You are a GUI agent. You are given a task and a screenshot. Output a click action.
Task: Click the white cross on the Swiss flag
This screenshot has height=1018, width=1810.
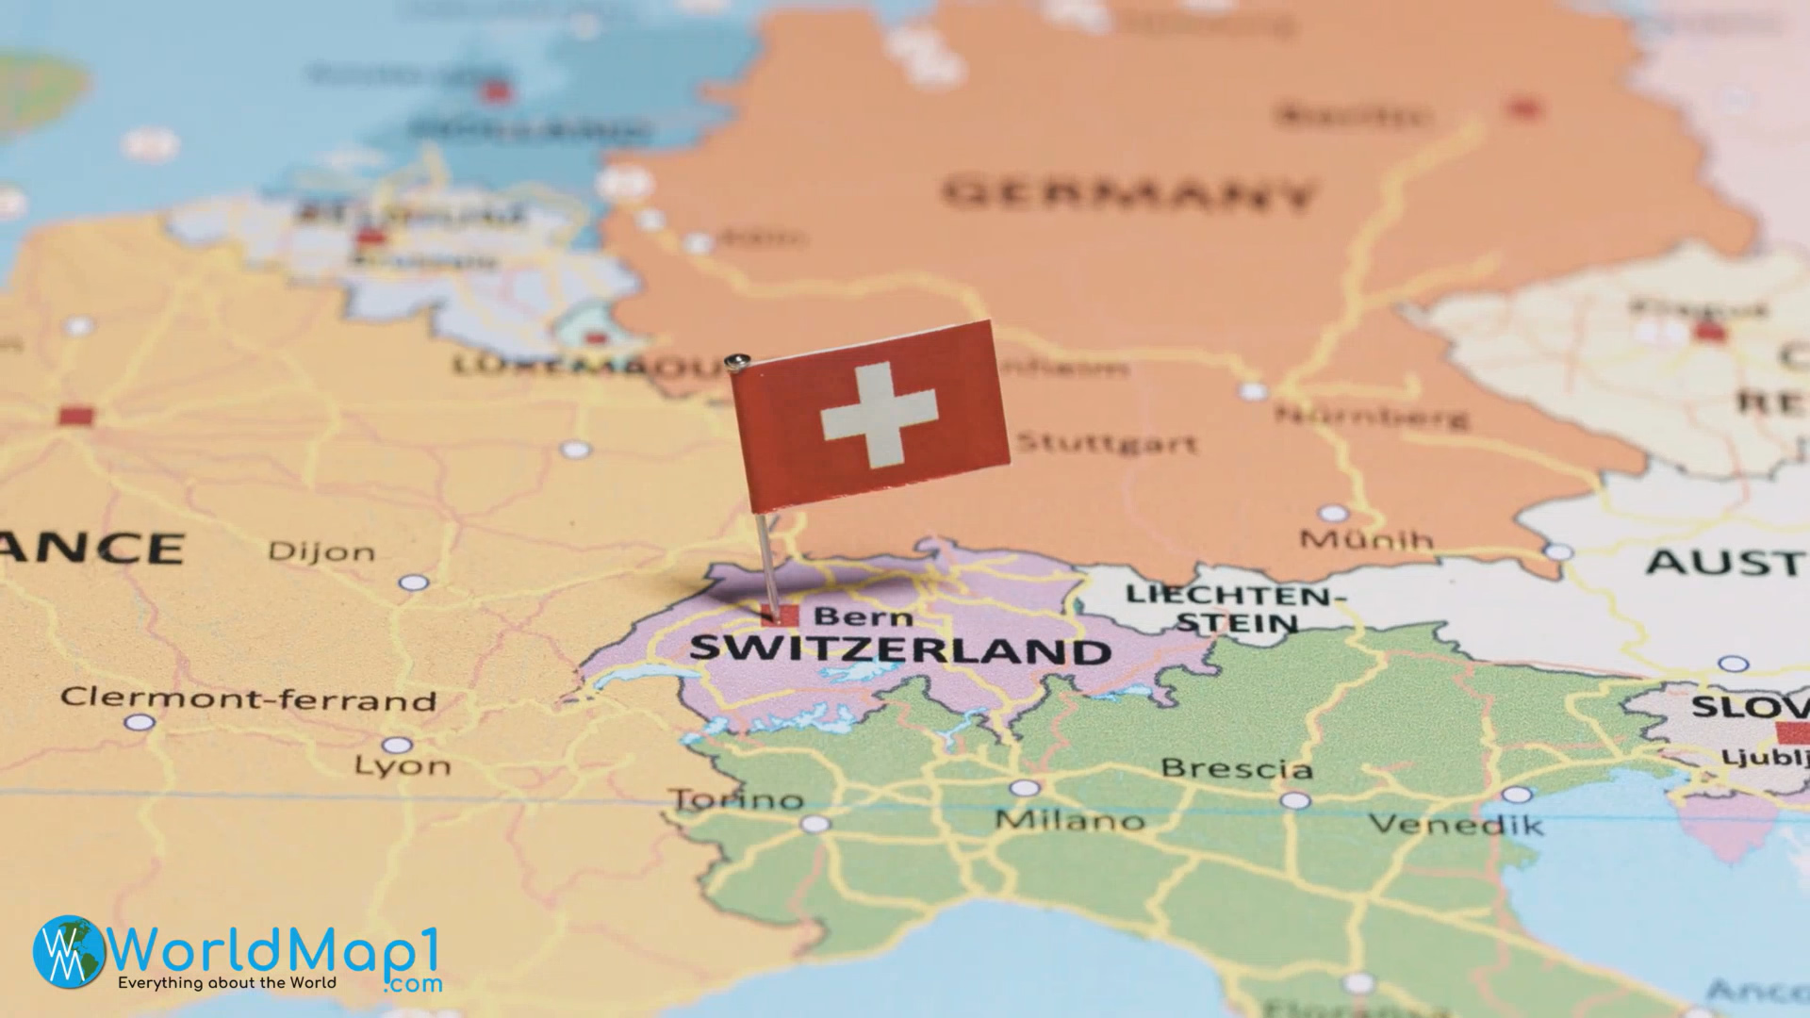click(879, 415)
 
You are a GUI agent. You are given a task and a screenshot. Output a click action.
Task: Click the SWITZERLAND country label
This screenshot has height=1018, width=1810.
click(900, 649)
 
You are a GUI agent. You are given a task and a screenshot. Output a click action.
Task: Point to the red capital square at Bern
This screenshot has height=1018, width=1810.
click(780, 616)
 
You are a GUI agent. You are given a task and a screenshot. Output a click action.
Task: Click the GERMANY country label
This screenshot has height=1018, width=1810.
click(1129, 194)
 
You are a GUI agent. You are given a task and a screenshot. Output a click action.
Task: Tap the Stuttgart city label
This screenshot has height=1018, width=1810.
click(1107, 442)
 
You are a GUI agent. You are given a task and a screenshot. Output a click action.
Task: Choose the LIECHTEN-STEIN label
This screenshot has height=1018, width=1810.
click(1236, 608)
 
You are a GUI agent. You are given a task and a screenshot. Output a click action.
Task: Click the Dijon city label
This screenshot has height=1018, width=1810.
click(321, 551)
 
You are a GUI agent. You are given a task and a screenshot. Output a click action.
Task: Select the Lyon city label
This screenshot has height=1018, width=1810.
click(403, 765)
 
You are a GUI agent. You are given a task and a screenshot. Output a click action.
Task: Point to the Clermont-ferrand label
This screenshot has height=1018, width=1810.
click(249, 699)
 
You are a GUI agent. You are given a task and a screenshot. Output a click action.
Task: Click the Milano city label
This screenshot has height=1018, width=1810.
click(1070, 820)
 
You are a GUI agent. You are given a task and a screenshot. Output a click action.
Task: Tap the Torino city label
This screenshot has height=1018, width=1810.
click(737, 800)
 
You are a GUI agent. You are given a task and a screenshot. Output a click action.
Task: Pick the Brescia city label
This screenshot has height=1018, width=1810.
click(1236, 768)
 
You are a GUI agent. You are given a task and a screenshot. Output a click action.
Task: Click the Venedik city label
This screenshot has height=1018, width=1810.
click(1456, 825)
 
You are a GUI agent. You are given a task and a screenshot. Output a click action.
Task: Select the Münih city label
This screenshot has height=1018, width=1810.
click(1367, 540)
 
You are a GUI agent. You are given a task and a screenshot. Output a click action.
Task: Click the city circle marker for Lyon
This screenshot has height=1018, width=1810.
click(397, 746)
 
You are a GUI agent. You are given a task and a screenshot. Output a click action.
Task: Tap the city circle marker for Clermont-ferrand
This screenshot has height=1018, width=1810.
click(140, 722)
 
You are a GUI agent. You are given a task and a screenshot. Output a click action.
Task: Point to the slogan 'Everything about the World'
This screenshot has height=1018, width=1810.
click(226, 982)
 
